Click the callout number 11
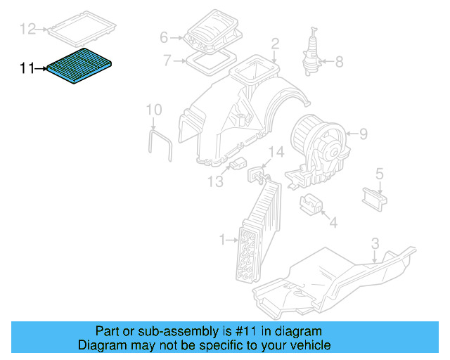pyautogui.click(x=27, y=68)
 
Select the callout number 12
pyautogui.click(x=27, y=29)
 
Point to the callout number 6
pyautogui.click(x=164, y=37)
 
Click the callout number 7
pyautogui.click(x=167, y=60)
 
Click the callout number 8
pyautogui.click(x=339, y=62)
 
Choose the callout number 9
pyautogui.click(x=363, y=134)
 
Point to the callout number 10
pyautogui.click(x=153, y=110)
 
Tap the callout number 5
pyautogui.click(x=379, y=173)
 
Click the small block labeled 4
pyautogui.click(x=310, y=204)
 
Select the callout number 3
pyautogui.click(x=375, y=243)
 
